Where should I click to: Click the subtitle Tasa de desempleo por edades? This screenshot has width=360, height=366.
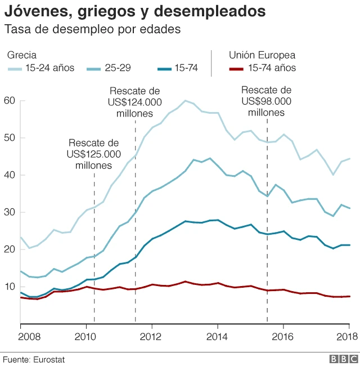tap(93, 30)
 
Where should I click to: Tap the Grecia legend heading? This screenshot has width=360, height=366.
tap(22, 55)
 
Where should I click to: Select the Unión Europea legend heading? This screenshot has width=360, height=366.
tap(262, 55)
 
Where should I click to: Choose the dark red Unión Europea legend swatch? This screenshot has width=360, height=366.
tap(237, 69)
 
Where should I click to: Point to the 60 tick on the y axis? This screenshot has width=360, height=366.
tap(9, 101)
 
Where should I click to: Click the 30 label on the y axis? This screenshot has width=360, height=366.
tap(9, 212)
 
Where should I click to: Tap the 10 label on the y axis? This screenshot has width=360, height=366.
tap(9, 287)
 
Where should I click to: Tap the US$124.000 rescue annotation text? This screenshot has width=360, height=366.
tap(135, 102)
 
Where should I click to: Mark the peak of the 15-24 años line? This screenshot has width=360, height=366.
tap(184, 101)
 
